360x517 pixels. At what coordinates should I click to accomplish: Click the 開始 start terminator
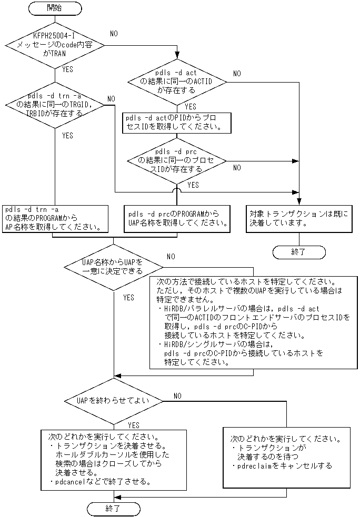(55, 9)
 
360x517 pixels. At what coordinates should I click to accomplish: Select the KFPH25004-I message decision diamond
(55, 46)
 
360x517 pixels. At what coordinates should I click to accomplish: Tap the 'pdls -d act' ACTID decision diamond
(177, 82)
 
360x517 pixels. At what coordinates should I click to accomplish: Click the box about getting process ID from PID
(177, 123)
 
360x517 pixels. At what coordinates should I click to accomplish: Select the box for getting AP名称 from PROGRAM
(55, 218)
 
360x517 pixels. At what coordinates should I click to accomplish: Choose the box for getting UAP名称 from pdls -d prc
(177, 218)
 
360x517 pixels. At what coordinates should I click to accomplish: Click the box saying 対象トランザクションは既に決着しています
(298, 218)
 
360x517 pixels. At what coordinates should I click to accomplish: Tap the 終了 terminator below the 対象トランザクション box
(298, 252)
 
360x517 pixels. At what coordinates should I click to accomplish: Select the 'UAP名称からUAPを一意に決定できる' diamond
(113, 267)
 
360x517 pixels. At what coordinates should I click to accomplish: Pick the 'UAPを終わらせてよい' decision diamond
(113, 400)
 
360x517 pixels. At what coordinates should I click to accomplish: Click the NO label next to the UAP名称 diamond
(171, 256)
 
